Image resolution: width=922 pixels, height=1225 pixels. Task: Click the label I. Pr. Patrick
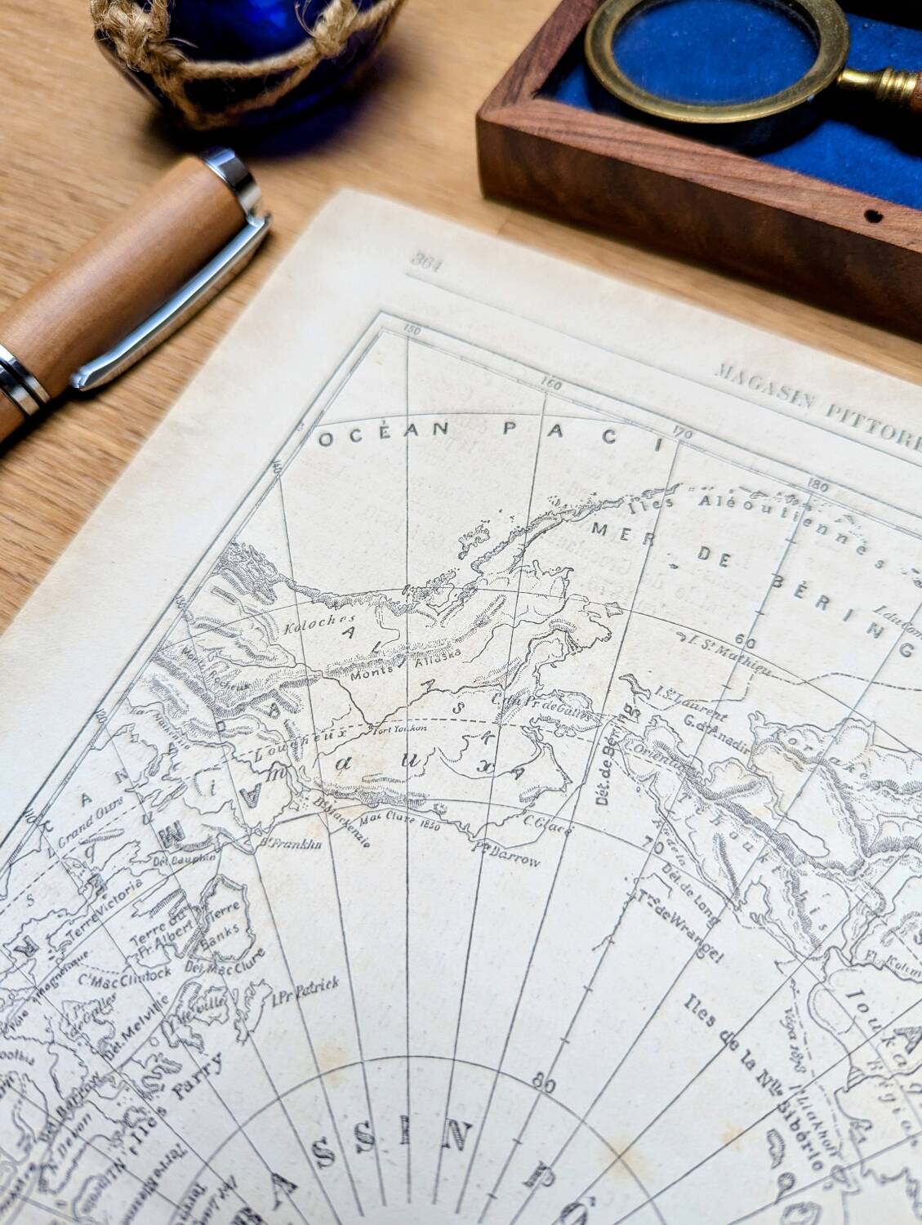306,989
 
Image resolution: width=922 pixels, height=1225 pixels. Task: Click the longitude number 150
412,331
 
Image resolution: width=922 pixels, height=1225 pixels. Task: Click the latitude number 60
744,639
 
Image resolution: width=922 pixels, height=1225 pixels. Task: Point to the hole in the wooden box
875,218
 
